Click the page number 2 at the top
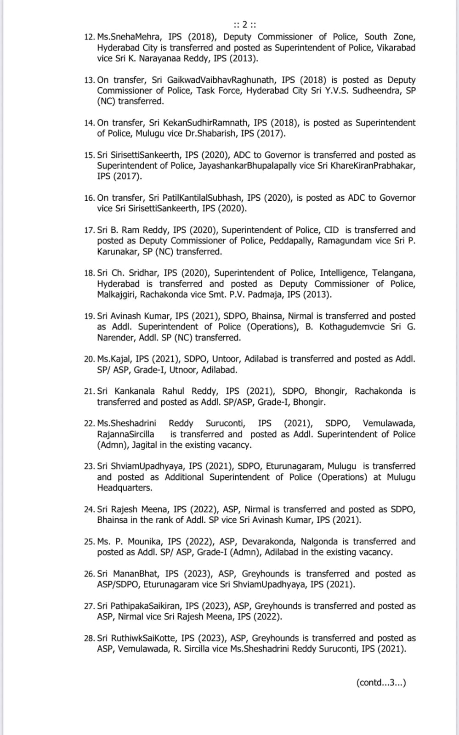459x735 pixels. point(245,24)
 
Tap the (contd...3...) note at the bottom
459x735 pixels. point(381,683)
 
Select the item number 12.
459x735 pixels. point(89,37)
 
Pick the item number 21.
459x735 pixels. point(89,391)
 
